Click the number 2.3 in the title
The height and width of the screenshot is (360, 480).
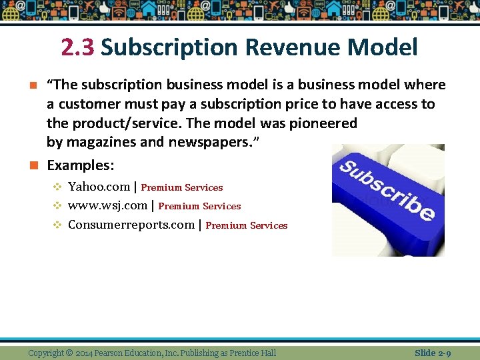pos(78,48)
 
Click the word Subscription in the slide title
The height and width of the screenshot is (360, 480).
pos(169,48)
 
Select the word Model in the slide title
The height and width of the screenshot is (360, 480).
pos(382,48)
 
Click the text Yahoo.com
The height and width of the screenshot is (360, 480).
pos(99,187)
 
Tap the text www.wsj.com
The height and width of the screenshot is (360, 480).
pos(107,205)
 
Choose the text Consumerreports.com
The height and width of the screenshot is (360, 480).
pos(131,225)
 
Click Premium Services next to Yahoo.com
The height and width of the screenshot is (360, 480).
pos(182,188)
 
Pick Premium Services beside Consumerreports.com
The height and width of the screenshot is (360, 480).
pos(247,226)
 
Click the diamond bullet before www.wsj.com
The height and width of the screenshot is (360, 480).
pos(57,206)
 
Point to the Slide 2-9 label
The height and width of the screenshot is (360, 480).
pos(433,353)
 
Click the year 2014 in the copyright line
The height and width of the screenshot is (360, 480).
pos(84,353)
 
